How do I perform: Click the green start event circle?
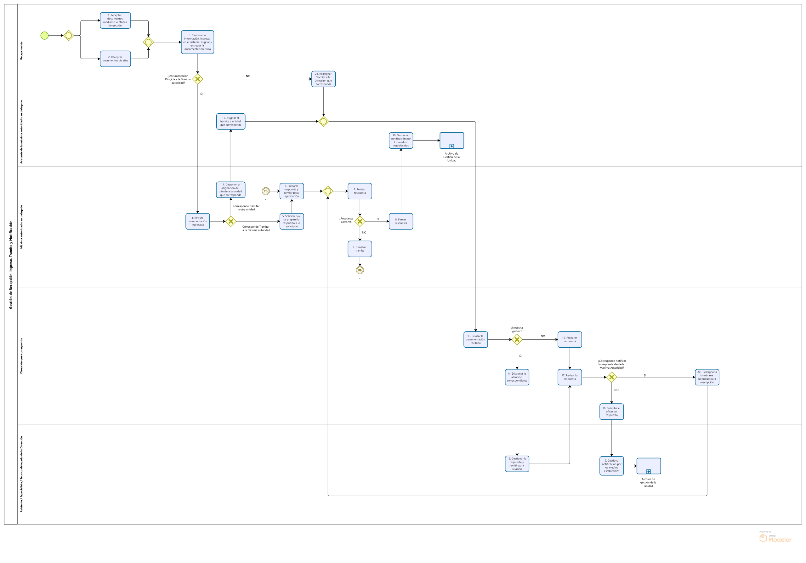(x=44, y=36)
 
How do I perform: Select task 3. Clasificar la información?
(x=197, y=42)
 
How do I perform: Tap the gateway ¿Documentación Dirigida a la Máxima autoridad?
(x=198, y=79)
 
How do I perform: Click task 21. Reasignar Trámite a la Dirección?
(x=323, y=79)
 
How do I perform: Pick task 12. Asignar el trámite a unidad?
(x=231, y=122)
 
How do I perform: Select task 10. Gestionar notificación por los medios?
(x=400, y=140)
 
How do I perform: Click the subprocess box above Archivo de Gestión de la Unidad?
(x=451, y=140)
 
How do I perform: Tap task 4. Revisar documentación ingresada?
(x=197, y=221)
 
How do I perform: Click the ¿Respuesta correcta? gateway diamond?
(x=360, y=221)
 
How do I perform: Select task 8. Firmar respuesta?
(x=400, y=221)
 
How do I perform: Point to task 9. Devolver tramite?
(x=360, y=249)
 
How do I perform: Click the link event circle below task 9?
(x=360, y=270)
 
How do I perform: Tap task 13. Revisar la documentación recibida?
(x=475, y=339)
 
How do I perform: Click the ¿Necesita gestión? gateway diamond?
(x=517, y=339)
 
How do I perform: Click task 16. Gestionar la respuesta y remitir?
(x=517, y=464)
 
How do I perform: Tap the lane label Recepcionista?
(x=21, y=51)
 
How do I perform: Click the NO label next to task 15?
(x=543, y=336)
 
